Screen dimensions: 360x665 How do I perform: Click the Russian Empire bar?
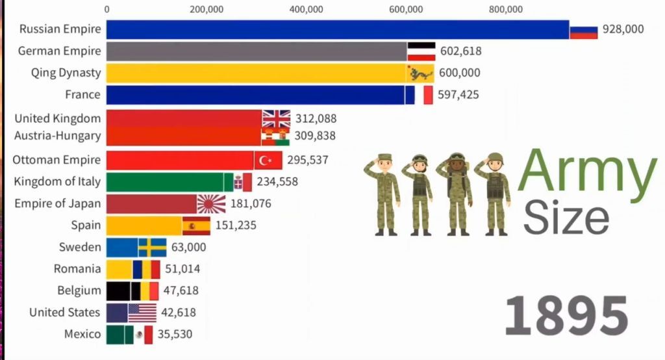tap(338, 29)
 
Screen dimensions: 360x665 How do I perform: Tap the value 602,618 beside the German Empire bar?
tap(460, 51)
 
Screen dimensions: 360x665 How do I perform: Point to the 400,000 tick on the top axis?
tap(306, 9)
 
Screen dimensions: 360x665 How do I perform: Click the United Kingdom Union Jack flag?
tap(276, 118)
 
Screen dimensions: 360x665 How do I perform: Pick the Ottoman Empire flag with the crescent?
tap(268, 160)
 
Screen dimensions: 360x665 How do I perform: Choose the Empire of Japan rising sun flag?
tap(212, 204)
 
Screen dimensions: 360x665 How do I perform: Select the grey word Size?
tap(566, 218)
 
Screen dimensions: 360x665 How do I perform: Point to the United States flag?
tap(142, 313)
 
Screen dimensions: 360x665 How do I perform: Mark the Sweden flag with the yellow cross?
tap(153, 248)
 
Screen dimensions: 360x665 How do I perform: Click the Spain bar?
tap(144, 225)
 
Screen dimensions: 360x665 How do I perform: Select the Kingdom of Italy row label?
tap(57, 181)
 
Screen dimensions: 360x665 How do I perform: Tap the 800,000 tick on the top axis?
tap(506, 9)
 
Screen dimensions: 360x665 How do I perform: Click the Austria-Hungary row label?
tap(58, 136)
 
